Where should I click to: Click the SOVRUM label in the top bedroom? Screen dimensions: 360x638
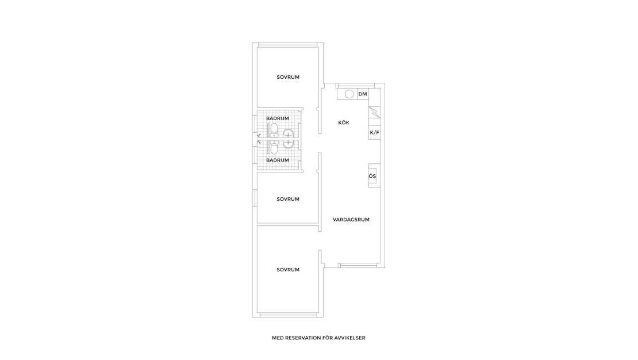pos(288,77)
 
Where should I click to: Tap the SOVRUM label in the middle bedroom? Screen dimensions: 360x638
pos(288,199)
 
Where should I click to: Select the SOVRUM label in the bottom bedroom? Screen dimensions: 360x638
pos(288,270)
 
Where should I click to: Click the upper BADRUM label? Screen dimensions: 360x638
pos(278,118)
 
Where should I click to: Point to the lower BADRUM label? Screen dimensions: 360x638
pos(278,160)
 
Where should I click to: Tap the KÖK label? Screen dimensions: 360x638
pos(343,122)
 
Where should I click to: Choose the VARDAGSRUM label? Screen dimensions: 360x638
pos(351,219)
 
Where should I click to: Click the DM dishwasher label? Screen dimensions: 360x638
pos(363,94)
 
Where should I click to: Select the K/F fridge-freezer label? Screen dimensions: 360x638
pos(374,133)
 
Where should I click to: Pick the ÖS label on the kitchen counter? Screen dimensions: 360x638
pos(372,176)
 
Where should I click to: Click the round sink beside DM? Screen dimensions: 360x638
pos(349,94)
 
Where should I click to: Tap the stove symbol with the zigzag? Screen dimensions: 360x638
pos(374,112)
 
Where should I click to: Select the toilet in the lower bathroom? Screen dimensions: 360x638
pos(274,149)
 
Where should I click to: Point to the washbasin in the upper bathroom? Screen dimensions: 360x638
pos(289,135)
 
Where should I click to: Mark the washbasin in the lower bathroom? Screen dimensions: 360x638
pos(289,144)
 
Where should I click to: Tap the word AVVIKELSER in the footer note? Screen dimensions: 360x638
pos(349,338)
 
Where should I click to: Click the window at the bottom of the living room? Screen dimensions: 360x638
pos(358,265)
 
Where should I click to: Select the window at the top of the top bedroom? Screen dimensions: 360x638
pos(288,44)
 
